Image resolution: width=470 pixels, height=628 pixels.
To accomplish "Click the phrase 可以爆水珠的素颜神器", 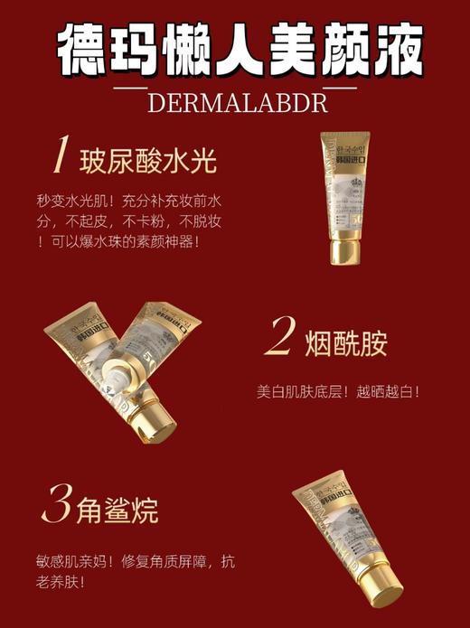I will pos(121,241).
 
